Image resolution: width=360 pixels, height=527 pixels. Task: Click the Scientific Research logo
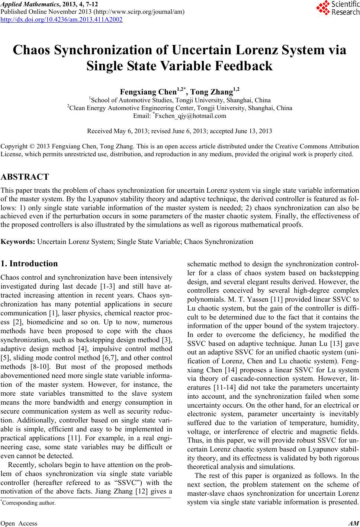338,8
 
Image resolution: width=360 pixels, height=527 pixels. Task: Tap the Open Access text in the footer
19,523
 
